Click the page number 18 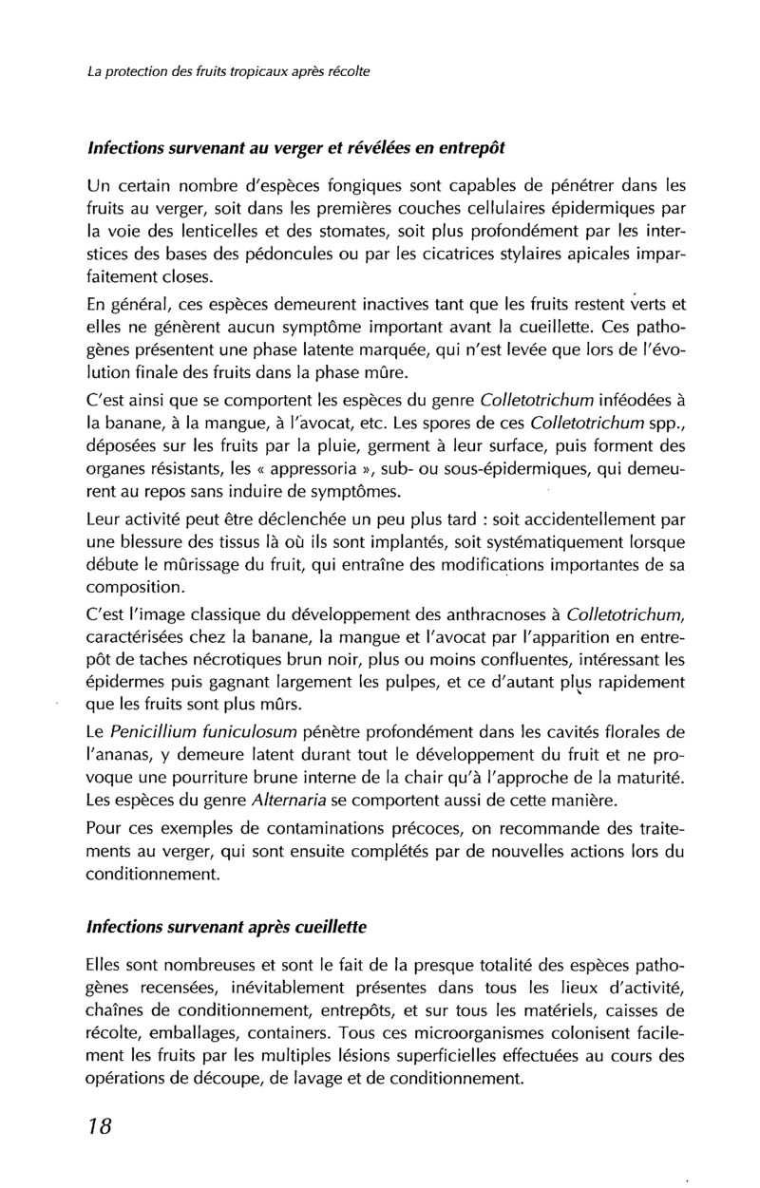99,1126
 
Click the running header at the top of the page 228,71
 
